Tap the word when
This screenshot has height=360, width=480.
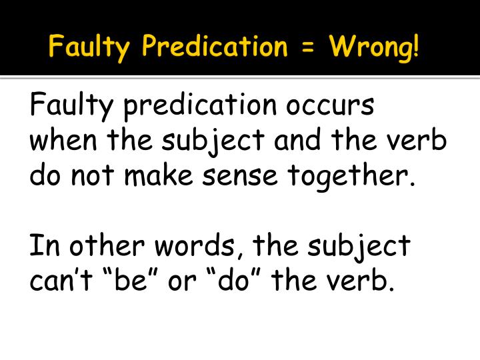coord(59,143)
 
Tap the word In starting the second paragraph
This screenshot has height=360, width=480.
coord(40,246)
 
